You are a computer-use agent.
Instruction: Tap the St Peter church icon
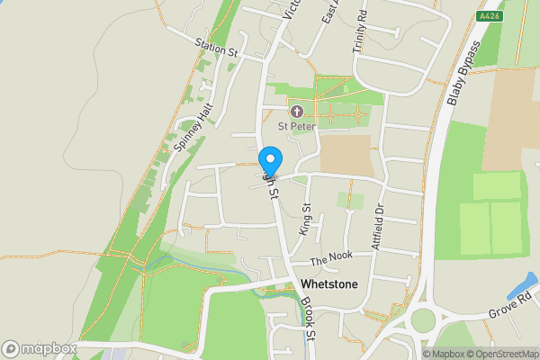pyautogui.click(x=296, y=112)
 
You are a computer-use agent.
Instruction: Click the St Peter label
pyautogui.click(x=295, y=127)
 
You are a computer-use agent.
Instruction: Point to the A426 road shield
pyautogui.click(x=490, y=16)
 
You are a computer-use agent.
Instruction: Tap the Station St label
pyautogui.click(x=215, y=47)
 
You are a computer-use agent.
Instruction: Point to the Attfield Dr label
pyautogui.click(x=378, y=229)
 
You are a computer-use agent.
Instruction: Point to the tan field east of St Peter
pyautogui.click(x=346, y=155)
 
